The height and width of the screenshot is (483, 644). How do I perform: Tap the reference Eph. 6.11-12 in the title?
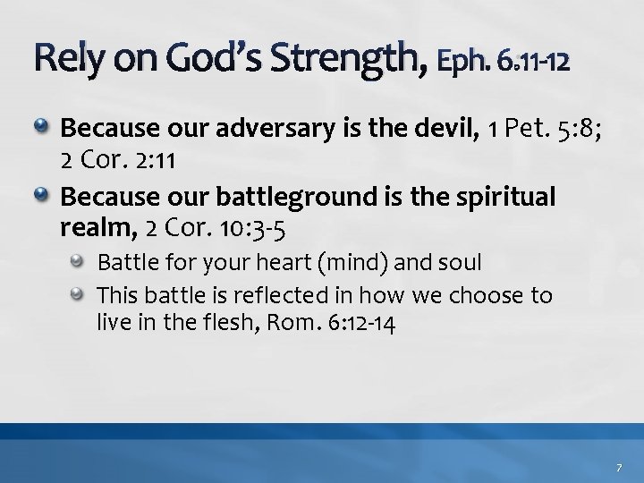coord(502,62)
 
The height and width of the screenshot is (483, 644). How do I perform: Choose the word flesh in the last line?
coord(220,322)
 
